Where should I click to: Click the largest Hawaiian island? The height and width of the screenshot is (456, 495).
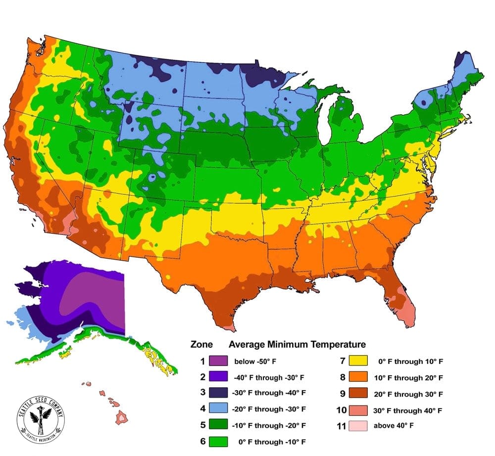[x=121, y=418]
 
